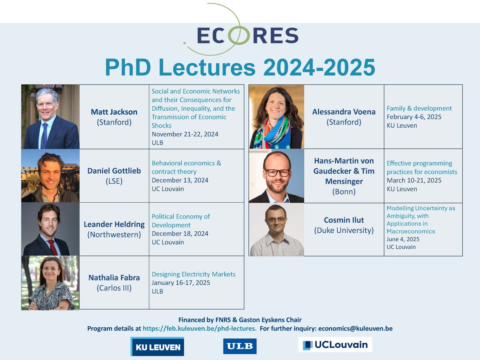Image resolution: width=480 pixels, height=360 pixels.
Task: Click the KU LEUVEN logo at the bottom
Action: click(x=157, y=346)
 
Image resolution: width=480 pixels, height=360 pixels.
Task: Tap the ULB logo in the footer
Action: click(x=240, y=346)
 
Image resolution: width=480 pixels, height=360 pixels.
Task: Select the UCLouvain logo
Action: click(x=335, y=344)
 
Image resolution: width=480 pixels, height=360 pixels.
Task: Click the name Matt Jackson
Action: click(x=114, y=112)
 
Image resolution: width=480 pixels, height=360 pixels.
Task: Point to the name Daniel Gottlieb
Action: click(x=114, y=171)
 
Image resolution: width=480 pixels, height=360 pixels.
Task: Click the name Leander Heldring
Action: click(x=114, y=224)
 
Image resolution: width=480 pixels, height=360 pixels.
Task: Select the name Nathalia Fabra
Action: click(x=114, y=277)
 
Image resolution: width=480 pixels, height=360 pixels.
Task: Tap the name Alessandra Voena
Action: click(x=344, y=112)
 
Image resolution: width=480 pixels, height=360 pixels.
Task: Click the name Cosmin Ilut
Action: click(x=344, y=220)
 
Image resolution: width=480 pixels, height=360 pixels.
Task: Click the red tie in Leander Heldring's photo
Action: click(x=52, y=246)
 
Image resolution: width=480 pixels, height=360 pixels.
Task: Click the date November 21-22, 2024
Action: click(x=185, y=134)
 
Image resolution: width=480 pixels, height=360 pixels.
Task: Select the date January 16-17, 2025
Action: click(x=181, y=282)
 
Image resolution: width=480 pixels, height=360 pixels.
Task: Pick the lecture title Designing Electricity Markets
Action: click(x=193, y=274)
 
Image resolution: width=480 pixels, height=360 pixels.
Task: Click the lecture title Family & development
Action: click(x=419, y=108)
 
